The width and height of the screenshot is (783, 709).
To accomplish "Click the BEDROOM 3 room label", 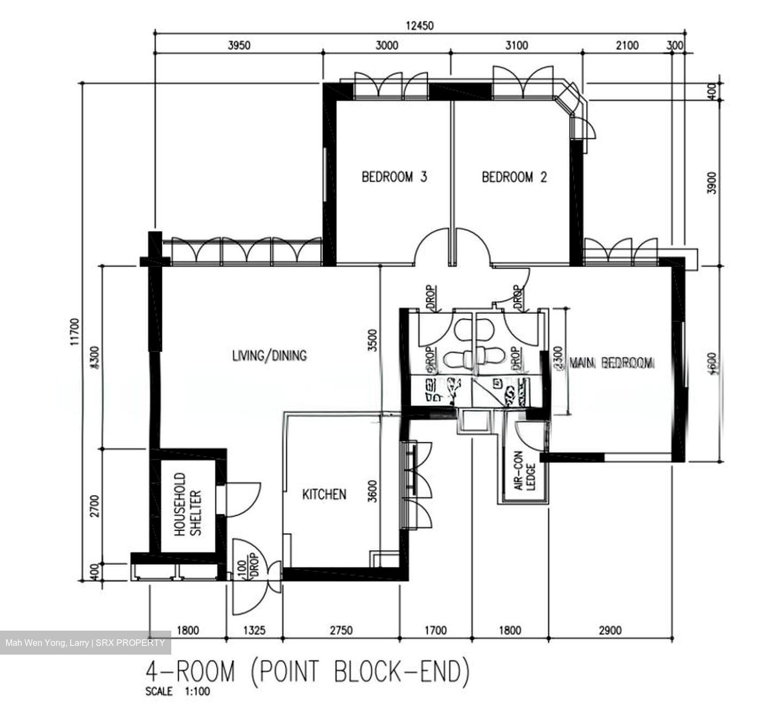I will coord(394,177).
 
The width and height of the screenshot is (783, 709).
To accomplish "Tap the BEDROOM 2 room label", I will coord(514,177).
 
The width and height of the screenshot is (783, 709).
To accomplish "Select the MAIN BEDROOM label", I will coord(611,363).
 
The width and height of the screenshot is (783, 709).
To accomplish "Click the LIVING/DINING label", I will coord(269,356).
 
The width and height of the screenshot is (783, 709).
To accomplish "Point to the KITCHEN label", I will coord(324,494).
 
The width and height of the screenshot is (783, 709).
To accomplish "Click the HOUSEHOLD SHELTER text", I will coord(188,504).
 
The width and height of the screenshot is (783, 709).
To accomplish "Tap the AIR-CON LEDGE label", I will coord(525,477).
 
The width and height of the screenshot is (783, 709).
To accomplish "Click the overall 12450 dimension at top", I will coord(419,26).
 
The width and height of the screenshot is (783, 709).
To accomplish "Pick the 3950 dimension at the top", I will coord(239,45).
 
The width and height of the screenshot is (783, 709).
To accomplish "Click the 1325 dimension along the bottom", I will coord(254,631).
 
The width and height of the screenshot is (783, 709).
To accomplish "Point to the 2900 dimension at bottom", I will coord(610,631).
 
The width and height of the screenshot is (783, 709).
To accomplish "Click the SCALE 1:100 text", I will coord(177,692).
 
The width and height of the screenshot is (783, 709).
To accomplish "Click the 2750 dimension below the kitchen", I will coord(341,631).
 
